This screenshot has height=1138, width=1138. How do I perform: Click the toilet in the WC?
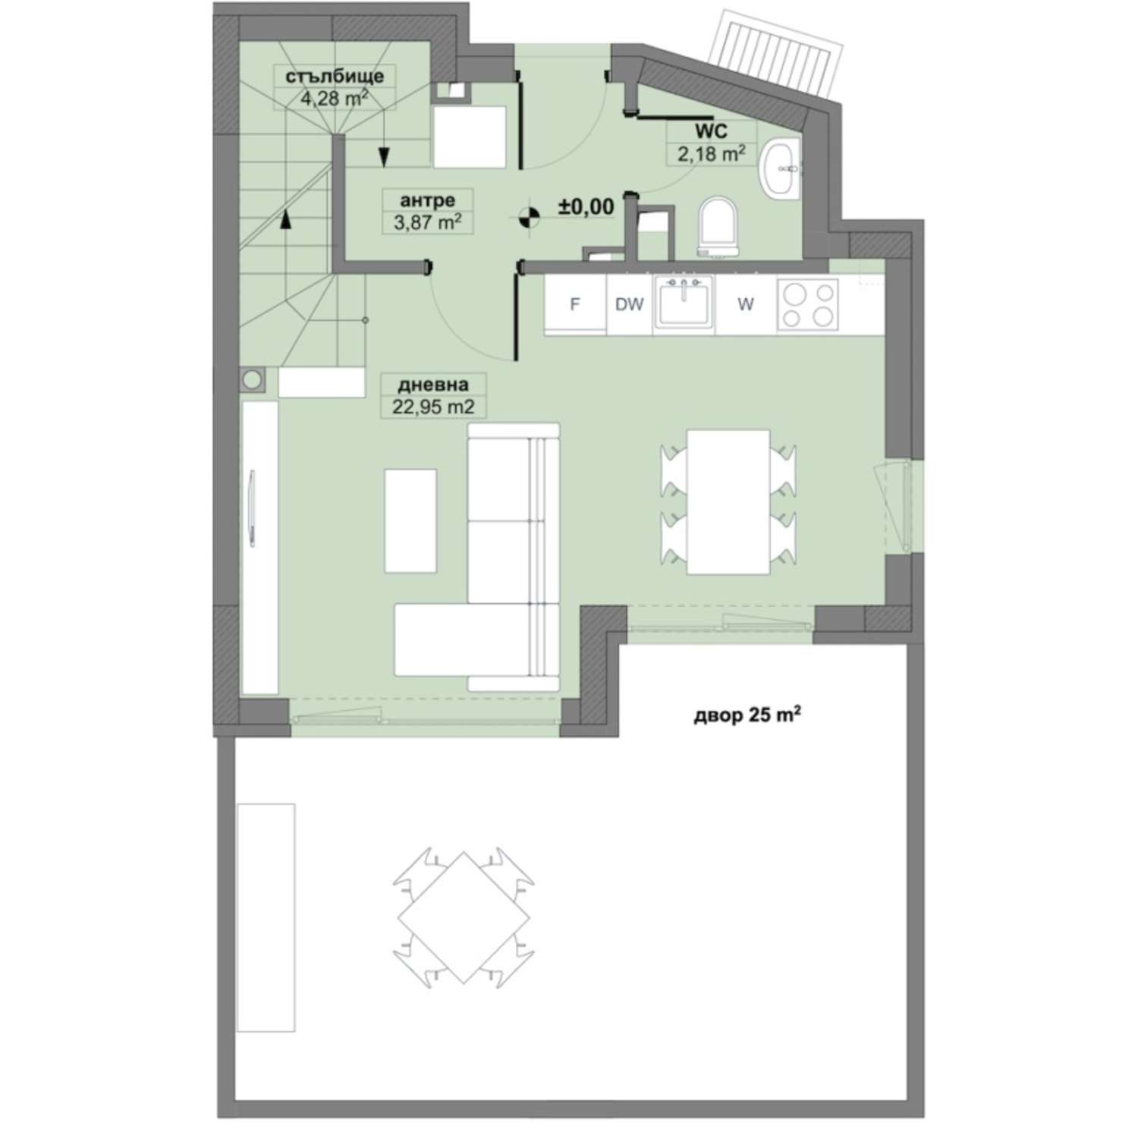[718, 226]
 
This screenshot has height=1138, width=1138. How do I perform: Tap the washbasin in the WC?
[780, 168]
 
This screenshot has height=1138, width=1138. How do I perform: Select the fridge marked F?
[575, 304]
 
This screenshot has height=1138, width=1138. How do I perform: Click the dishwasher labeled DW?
[629, 304]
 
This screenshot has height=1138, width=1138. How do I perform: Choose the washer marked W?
[746, 304]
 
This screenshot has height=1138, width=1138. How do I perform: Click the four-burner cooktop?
[807, 304]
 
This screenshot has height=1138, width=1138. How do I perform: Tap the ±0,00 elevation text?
[586, 206]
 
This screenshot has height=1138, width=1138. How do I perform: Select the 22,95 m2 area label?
[433, 407]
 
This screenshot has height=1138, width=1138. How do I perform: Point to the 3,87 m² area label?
[428, 222]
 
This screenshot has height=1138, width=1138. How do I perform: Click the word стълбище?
[329, 76]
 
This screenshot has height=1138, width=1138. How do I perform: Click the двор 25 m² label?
[748, 716]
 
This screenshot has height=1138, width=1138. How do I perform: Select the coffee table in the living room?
[410, 520]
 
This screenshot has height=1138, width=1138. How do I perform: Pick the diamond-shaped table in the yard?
[464, 916]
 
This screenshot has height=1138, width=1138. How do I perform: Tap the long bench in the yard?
[266, 917]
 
